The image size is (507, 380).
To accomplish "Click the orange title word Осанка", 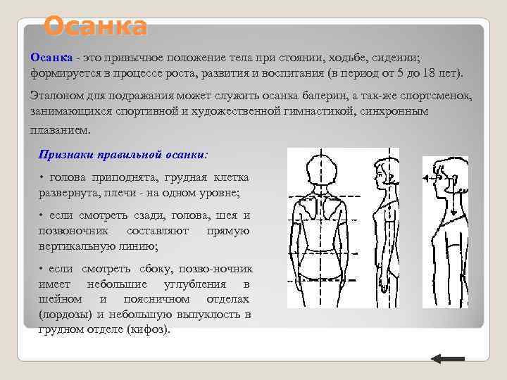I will tap(95, 27).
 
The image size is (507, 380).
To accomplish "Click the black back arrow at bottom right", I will tap(446, 359).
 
